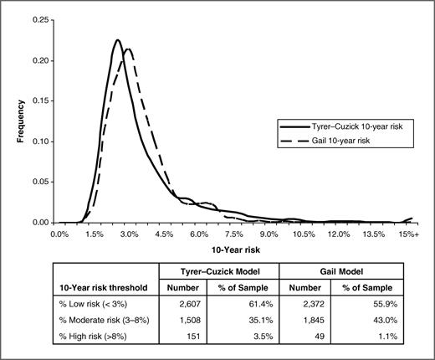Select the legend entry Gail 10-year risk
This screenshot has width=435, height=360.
(335, 139)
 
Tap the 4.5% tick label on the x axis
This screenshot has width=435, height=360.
(164, 234)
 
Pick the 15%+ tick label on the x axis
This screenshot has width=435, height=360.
(408, 234)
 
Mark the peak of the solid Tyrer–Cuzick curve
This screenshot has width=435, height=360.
(118, 40)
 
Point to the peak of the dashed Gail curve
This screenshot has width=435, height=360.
(128, 49)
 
